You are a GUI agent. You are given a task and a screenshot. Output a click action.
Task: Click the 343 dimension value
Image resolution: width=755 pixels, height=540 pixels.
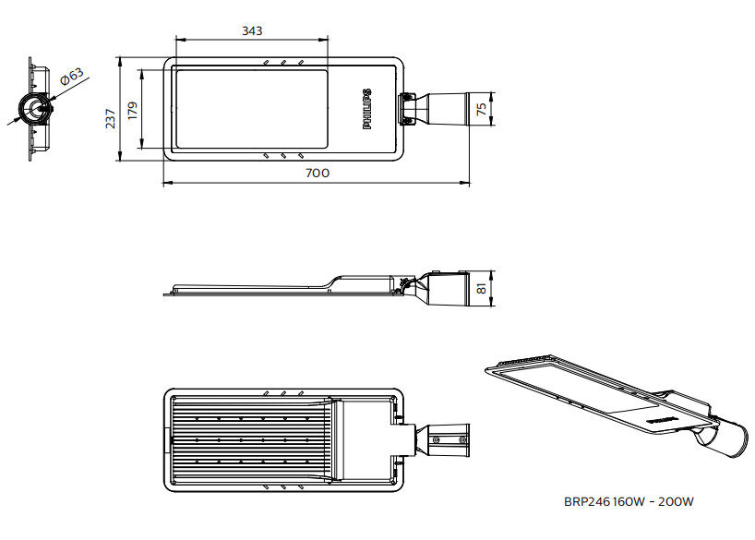pyautogui.click(x=252, y=30)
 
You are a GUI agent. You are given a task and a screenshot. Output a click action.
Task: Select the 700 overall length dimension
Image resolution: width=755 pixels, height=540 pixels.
pyautogui.click(x=317, y=173)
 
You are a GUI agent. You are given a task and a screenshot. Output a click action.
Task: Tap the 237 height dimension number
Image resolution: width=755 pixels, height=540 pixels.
pyautogui.click(x=110, y=117)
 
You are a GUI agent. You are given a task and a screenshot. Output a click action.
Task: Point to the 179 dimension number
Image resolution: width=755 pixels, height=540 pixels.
pyautogui.click(x=132, y=112)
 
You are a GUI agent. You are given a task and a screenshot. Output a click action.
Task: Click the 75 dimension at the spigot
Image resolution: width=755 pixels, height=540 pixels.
pyautogui.click(x=481, y=108)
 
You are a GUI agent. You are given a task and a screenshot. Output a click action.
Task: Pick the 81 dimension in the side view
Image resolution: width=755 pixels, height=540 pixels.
pyautogui.click(x=481, y=289)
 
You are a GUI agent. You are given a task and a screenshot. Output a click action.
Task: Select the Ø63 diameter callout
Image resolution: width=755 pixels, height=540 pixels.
pyautogui.click(x=70, y=78)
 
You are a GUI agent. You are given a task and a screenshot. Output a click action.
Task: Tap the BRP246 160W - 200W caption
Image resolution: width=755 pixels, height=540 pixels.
pyautogui.click(x=628, y=502)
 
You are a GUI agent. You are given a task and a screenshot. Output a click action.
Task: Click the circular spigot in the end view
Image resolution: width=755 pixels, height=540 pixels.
pyautogui.click(x=38, y=108)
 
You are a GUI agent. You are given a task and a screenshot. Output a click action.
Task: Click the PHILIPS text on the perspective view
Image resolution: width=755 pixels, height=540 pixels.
pyautogui.click(x=662, y=418)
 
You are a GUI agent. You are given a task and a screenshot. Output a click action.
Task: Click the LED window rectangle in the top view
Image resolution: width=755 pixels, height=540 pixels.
pyautogui.click(x=249, y=108)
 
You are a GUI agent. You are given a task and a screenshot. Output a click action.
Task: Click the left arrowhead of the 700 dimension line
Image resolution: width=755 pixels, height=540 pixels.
pyautogui.click(x=167, y=183)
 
